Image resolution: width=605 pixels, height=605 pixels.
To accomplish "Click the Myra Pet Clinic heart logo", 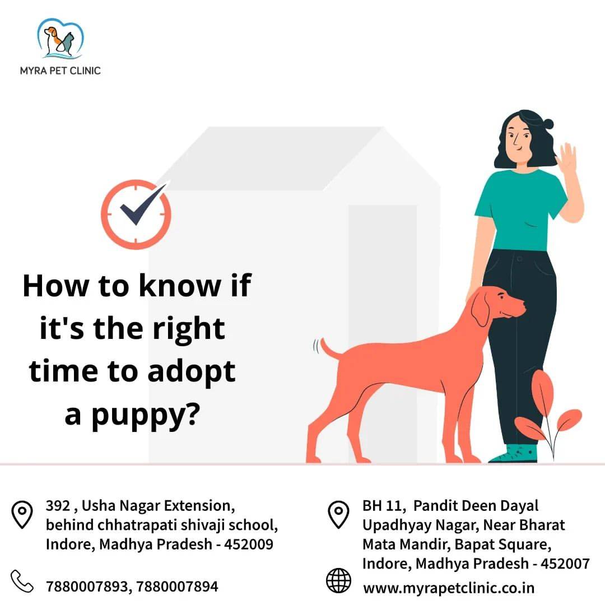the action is coord(60,39).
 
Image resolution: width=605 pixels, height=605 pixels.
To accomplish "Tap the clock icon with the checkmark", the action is coord(136,213).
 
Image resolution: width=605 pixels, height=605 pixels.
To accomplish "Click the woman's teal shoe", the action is coord(514,454).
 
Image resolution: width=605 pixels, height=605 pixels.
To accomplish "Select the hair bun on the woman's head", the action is coord(547,124).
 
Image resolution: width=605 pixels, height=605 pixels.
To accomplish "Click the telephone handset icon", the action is coord(22,581).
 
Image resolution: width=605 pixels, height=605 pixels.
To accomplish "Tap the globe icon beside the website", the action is coord(338,580).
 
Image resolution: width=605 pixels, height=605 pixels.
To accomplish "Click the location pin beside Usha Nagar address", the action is coord(22,514).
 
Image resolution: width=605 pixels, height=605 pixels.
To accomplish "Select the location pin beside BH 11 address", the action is coord(338,514).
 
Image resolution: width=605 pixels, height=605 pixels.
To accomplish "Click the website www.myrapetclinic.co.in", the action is coord(449,588).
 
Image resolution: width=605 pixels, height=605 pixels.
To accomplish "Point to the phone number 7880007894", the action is coord(177,587).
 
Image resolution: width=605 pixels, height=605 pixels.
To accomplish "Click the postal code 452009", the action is coord(249,544).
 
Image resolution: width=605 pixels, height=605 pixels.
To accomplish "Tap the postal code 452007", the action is coord(565,564).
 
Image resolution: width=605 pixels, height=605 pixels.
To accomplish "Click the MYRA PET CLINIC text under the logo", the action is coord(60,71).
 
